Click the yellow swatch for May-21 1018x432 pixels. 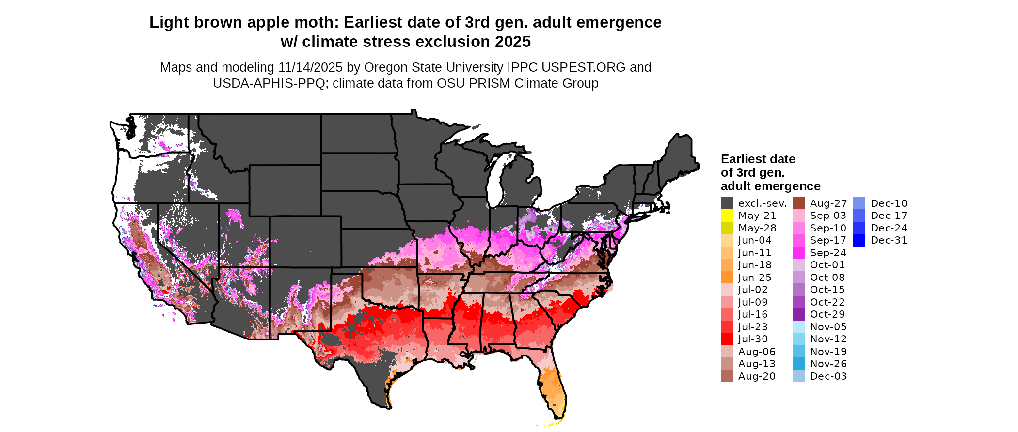pos(727,216)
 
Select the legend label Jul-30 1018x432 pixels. pos(753,339)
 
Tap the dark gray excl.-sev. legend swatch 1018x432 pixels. pos(727,203)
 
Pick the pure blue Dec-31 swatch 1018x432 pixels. pos(859,240)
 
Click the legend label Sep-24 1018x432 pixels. pos(828,253)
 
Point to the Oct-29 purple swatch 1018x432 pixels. pos(798,314)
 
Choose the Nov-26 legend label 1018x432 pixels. pos(828,364)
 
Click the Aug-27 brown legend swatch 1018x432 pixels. pos(798,203)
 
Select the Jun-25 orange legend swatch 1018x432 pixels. pos(727,278)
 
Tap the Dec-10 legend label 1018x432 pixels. pos(889,203)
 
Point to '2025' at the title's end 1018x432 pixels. pos(513,42)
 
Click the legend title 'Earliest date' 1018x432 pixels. pos(758,159)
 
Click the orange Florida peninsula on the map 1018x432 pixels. pos(553,387)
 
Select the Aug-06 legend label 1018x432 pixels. pos(757,352)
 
